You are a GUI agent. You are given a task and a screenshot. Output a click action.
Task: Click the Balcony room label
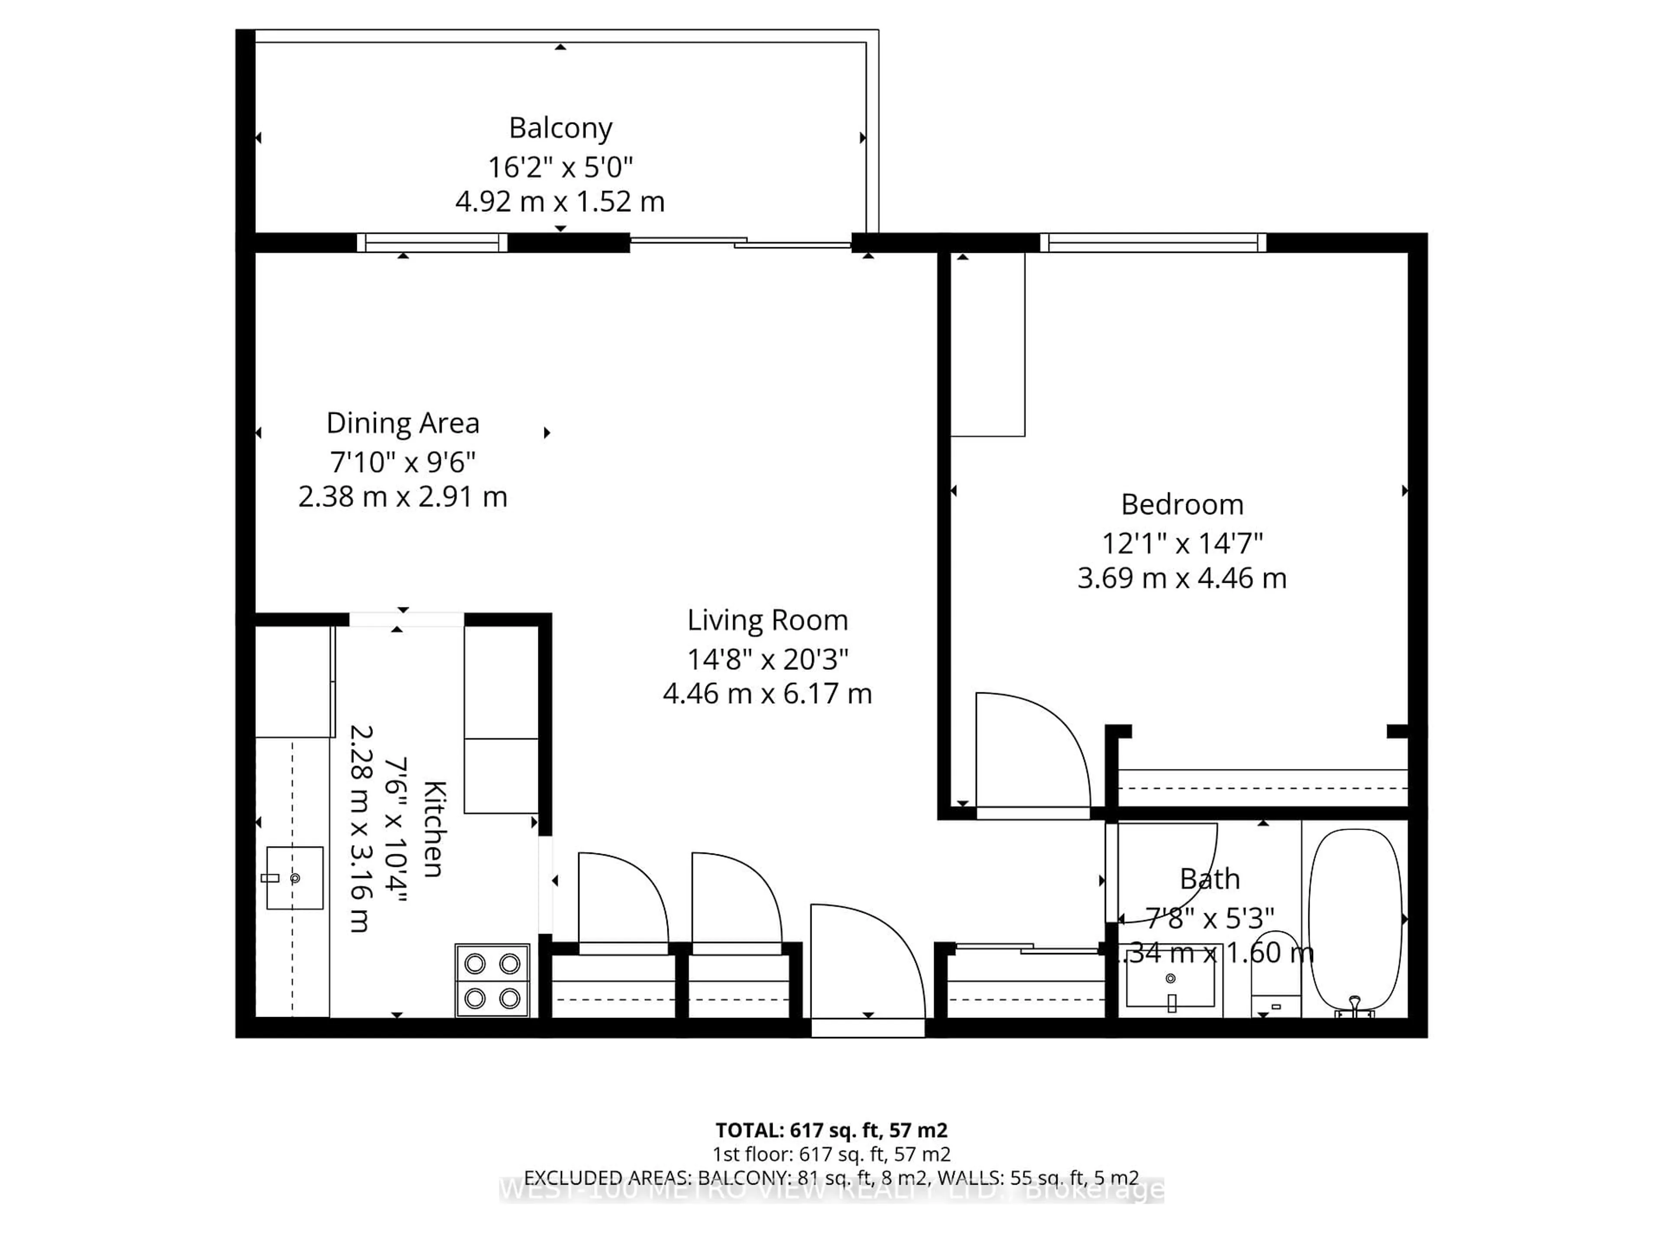pyautogui.click(x=560, y=128)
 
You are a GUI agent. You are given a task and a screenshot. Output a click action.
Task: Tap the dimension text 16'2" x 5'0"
pyautogui.click(x=560, y=167)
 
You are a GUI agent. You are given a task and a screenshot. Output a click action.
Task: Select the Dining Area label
pyautogui.click(x=402, y=423)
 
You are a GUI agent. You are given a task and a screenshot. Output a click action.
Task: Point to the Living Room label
pyautogui.click(x=767, y=620)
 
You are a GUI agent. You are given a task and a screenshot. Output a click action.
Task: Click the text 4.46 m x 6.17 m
pyautogui.click(x=767, y=693)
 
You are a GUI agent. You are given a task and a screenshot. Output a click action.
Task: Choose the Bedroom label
pyautogui.click(x=1182, y=504)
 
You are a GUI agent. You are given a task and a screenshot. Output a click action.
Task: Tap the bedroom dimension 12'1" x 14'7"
pyautogui.click(x=1182, y=543)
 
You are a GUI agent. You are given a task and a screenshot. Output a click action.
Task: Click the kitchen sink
pyautogui.click(x=295, y=878)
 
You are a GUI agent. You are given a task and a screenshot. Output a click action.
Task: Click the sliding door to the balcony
pyautogui.click(x=741, y=242)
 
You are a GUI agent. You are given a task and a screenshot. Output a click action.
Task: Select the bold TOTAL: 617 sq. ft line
pyautogui.click(x=831, y=1130)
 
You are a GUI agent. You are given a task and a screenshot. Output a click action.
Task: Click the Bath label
pyautogui.click(x=1209, y=879)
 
